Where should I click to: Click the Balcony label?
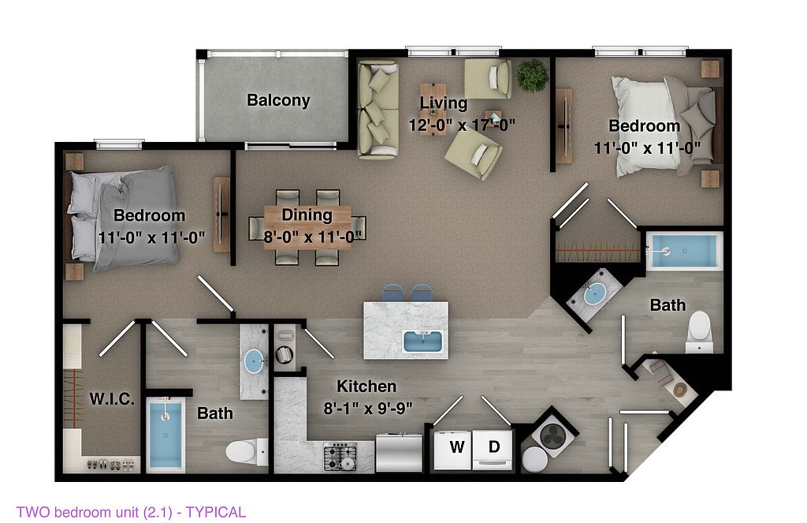(278, 99)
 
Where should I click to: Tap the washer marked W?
(453, 450)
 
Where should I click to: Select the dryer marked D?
(493, 450)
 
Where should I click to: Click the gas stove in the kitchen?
(340, 457)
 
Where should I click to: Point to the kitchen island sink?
(423, 342)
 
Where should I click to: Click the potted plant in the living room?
(533, 76)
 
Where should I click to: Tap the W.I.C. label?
(112, 398)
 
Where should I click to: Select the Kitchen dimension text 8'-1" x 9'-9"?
(368, 408)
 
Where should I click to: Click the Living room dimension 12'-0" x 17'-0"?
(462, 125)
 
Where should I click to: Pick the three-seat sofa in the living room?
(377, 109)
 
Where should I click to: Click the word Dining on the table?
(307, 215)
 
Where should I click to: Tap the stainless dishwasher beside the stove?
(399, 454)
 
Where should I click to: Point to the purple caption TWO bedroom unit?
(131, 512)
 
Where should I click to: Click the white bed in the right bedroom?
(664, 126)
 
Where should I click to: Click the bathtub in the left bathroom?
(165, 434)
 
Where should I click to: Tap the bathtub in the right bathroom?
(684, 251)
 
